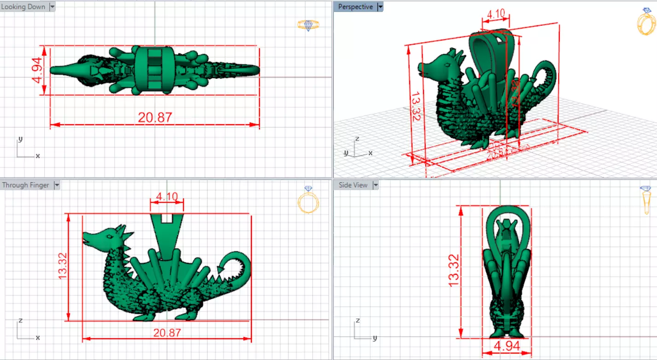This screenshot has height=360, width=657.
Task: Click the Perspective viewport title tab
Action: click(355, 7)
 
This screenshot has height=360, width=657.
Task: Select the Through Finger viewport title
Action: click(26, 185)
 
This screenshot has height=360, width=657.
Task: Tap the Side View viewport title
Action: click(353, 185)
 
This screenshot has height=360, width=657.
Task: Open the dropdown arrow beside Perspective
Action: click(380, 7)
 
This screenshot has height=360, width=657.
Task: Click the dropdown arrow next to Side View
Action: click(375, 185)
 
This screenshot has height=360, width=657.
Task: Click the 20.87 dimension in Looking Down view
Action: click(155, 117)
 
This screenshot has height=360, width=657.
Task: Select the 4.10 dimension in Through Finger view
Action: click(167, 197)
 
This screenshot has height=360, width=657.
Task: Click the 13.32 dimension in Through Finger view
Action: click(63, 266)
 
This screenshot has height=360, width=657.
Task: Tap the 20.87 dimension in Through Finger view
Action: click(167, 332)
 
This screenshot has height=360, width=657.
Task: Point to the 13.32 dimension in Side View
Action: click(454, 270)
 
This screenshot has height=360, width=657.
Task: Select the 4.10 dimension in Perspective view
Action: click(495, 14)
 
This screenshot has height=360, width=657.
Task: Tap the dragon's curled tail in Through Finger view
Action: click(238, 266)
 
